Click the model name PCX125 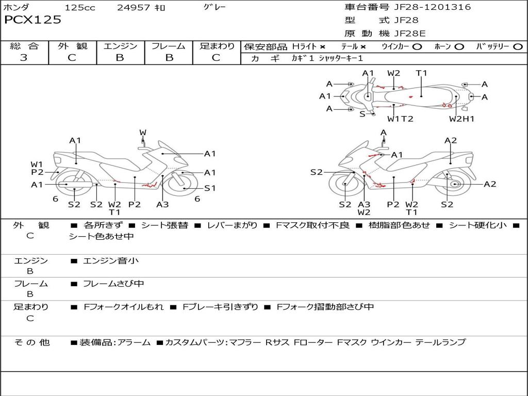[32, 20]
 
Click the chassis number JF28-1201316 [425, 7]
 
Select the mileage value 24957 [134, 8]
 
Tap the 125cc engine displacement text [80, 8]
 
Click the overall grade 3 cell [24, 58]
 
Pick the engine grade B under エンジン [120, 58]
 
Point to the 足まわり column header [217, 46]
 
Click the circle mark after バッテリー [518, 46]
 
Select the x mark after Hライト [322, 46]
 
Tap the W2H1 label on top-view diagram [461, 119]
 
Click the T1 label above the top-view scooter [422, 73]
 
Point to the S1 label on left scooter [210, 188]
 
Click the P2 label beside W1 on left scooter [37, 173]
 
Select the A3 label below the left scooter [162, 205]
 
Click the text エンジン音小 [111, 261]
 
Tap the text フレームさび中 [113, 284]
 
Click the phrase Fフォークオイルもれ [124, 307]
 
